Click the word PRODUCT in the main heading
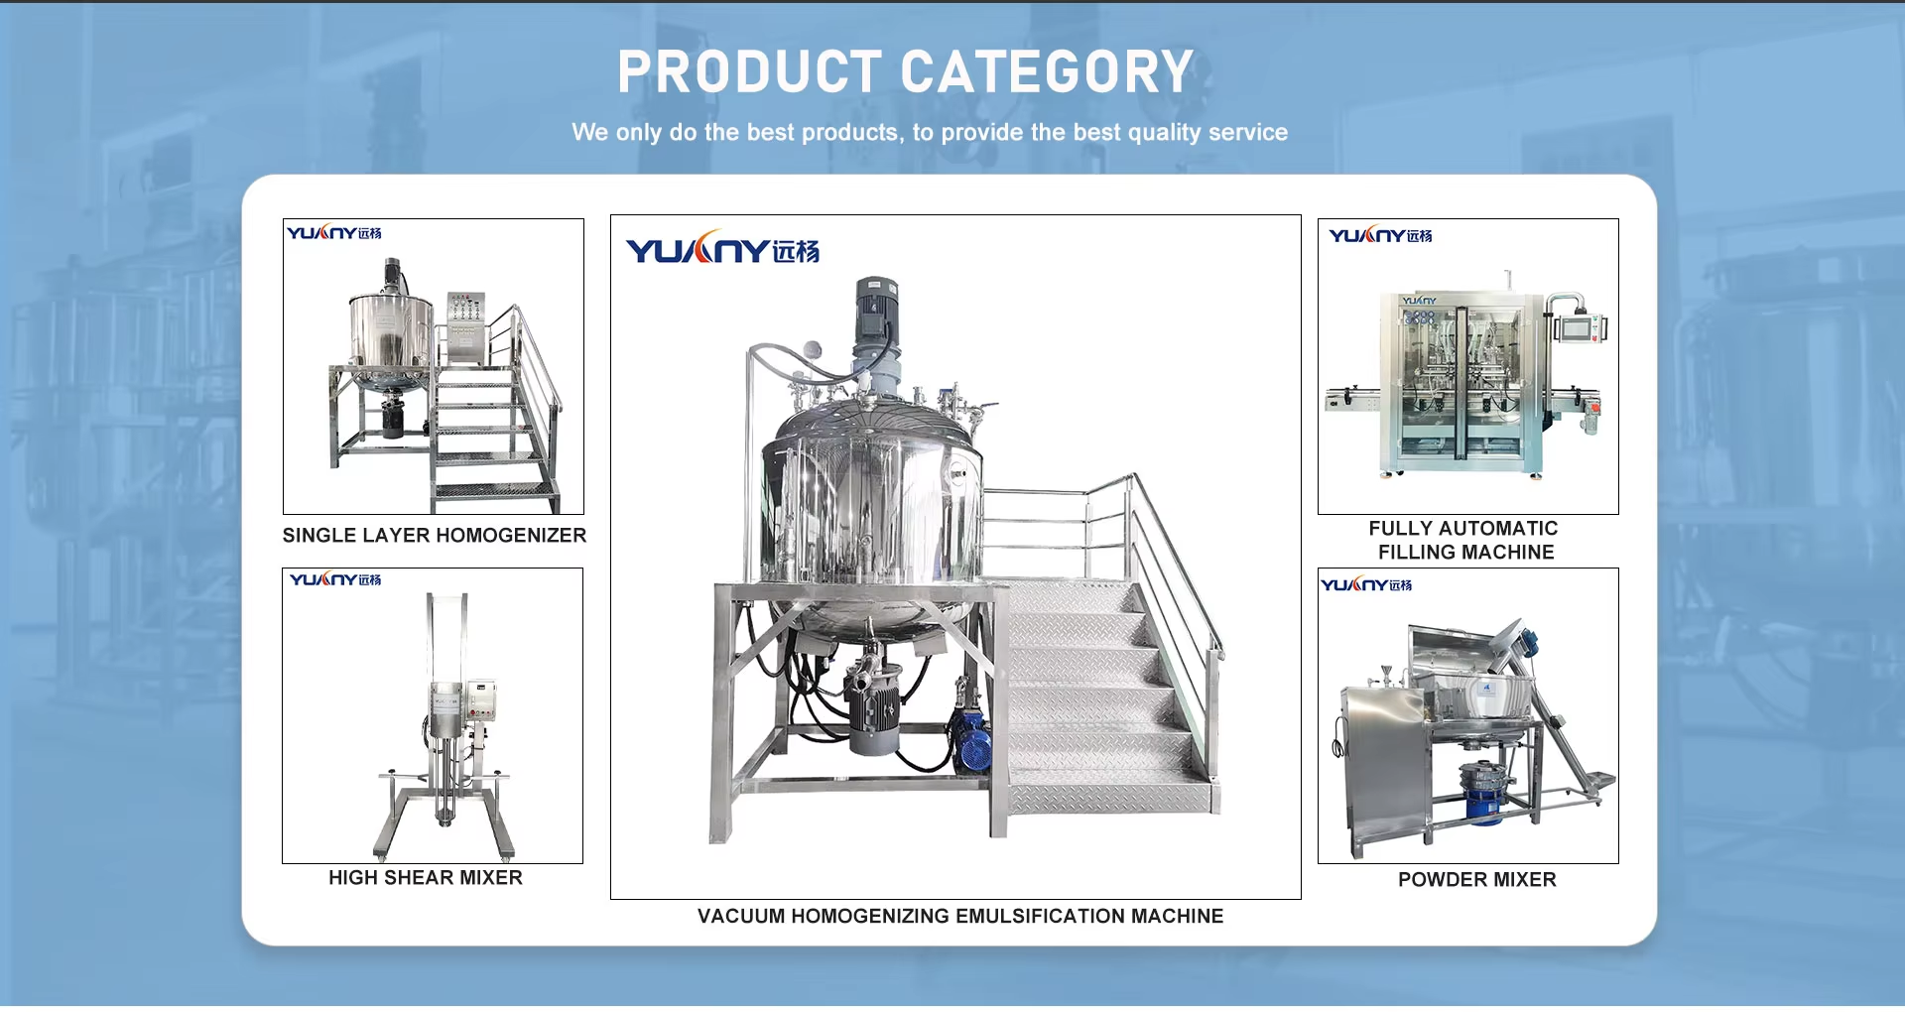(x=749, y=72)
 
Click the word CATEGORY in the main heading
(x=1047, y=72)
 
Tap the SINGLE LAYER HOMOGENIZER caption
(x=435, y=536)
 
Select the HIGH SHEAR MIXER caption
(x=426, y=878)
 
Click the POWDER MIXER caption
(x=1476, y=880)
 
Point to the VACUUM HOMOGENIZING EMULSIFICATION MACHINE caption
(x=959, y=917)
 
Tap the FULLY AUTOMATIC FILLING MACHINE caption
(x=1464, y=541)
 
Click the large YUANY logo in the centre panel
(x=722, y=249)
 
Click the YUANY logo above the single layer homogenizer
(x=334, y=233)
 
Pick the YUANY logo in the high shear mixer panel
(x=335, y=579)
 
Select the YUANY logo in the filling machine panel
(x=1380, y=236)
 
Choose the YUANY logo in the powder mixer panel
(x=1366, y=585)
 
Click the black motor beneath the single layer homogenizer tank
(x=395, y=418)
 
